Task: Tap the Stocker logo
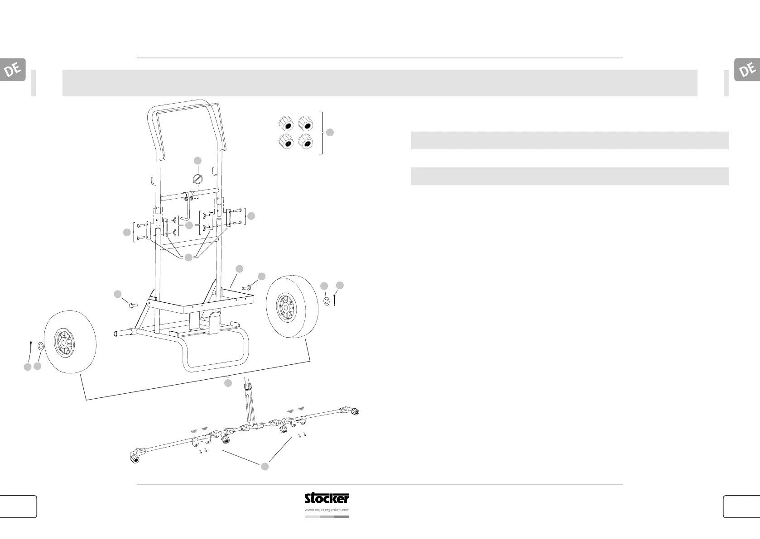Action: click(327, 498)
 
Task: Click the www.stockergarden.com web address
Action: click(327, 510)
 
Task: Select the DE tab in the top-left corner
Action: click(13, 70)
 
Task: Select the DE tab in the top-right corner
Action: click(747, 70)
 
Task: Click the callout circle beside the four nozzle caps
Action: click(330, 132)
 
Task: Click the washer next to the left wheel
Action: click(40, 347)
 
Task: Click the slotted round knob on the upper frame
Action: click(198, 178)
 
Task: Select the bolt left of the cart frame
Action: click(131, 305)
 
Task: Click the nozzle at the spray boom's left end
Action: click(135, 458)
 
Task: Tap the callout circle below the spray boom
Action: click(265, 466)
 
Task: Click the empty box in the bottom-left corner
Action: click(18, 506)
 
